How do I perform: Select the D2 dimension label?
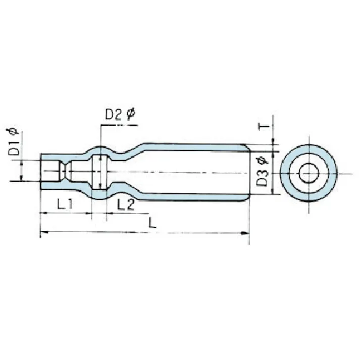(x=114, y=115)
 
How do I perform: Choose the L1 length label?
(x=65, y=204)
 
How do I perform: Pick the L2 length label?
(x=125, y=204)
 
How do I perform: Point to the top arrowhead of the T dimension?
(x=273, y=140)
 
